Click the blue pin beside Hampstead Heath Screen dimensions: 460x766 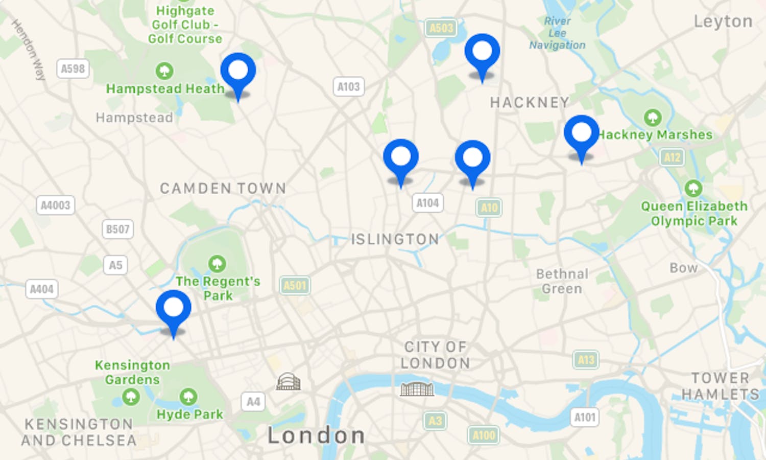pyautogui.click(x=238, y=72)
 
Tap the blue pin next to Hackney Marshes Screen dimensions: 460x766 pyautogui.click(x=581, y=134)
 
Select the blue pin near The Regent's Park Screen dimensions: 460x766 pyautogui.click(x=174, y=309)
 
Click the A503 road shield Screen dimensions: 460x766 pyautogui.click(x=441, y=28)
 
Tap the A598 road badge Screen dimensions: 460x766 pyautogui.click(x=73, y=68)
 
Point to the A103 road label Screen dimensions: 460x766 pyautogui.click(x=349, y=87)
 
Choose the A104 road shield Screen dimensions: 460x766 pyautogui.click(x=427, y=203)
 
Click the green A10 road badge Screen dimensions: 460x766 pyautogui.click(x=489, y=208)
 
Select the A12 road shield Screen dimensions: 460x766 pyautogui.click(x=672, y=157)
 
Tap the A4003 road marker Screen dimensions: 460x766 pyautogui.click(x=55, y=205)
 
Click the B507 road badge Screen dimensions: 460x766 pyautogui.click(x=117, y=229)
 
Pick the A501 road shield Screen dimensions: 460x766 pyautogui.click(x=295, y=285)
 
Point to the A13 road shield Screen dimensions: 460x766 pyautogui.click(x=586, y=360)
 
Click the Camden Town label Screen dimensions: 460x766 pyautogui.click(x=223, y=189)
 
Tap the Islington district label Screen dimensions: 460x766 pyautogui.click(x=395, y=239)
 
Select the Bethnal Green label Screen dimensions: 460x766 pyautogui.click(x=562, y=281)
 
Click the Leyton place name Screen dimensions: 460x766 pyautogui.click(x=723, y=21)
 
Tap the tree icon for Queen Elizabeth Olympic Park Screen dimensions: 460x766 pyautogui.click(x=693, y=188)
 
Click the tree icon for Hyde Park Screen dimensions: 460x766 pyautogui.click(x=188, y=396)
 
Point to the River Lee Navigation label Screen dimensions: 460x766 pyautogui.click(x=557, y=33)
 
